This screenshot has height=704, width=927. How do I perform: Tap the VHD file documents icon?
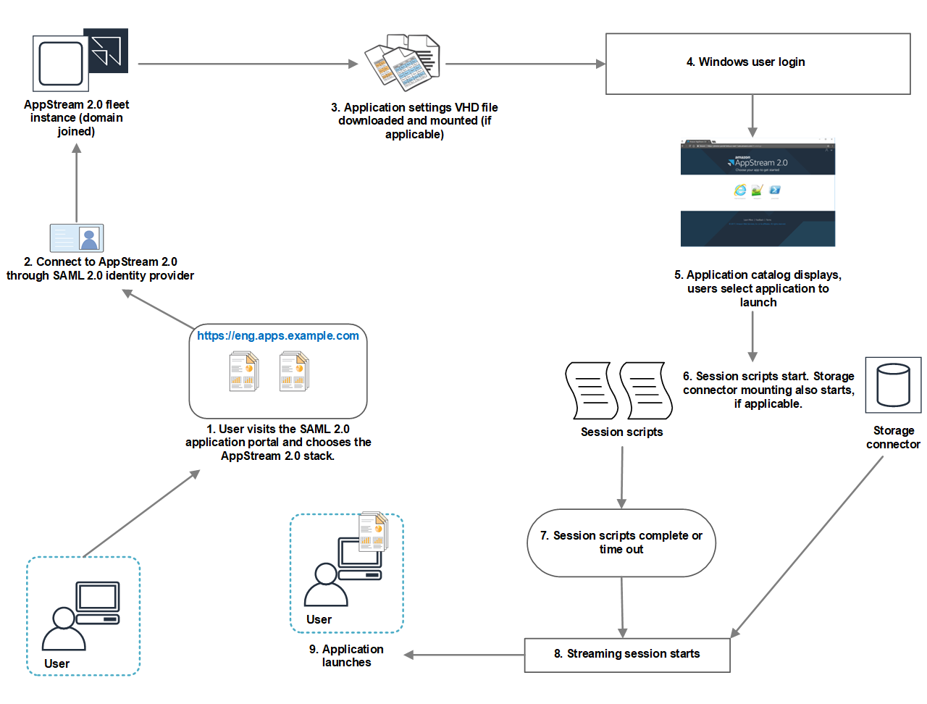[403, 62]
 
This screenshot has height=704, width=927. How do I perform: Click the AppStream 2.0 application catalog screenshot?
[758, 193]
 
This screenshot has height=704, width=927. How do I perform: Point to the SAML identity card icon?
[77, 238]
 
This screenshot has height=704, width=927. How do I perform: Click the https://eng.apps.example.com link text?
[277, 336]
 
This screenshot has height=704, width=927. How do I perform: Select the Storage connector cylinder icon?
[893, 385]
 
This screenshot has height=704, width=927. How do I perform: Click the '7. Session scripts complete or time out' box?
[621, 542]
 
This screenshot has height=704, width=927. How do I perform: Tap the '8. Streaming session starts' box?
[626, 655]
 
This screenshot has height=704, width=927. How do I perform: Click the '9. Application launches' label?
[346, 655]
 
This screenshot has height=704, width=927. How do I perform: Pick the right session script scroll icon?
[646, 391]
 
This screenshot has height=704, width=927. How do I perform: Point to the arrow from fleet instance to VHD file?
[246, 64]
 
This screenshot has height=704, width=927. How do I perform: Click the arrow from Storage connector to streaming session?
[808, 548]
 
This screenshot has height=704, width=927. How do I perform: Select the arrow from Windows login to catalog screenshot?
[752, 115]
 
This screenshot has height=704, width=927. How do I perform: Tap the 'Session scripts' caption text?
[621, 432]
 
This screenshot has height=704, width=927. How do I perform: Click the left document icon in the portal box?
[244, 372]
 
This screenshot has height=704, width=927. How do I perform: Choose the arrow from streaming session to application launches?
[463, 655]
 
